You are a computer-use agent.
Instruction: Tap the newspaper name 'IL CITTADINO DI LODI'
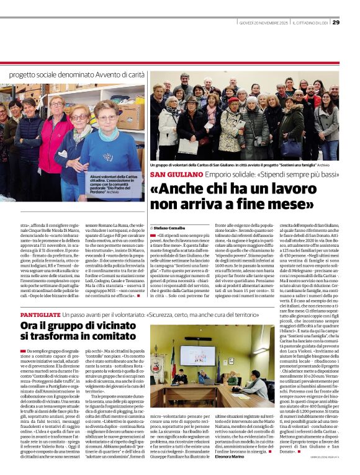click(307, 23)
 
